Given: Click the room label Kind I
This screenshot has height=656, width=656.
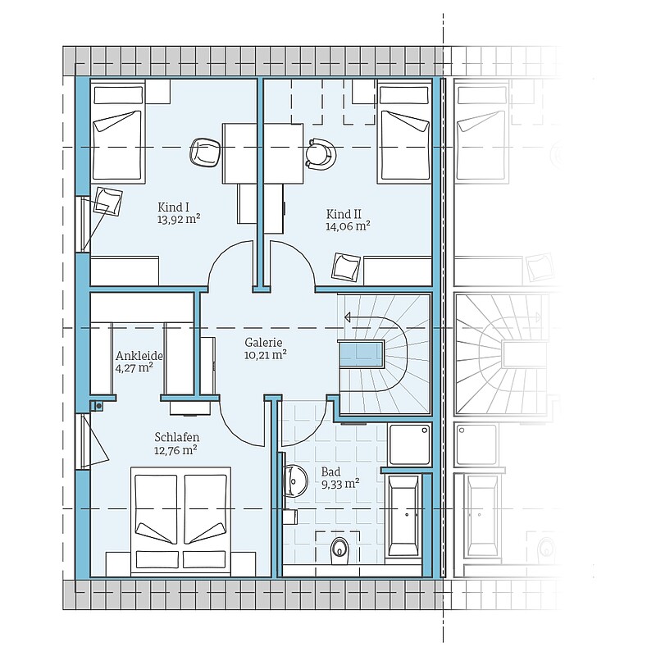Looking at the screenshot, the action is pos(173,207).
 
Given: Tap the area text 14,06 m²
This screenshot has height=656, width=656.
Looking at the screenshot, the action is pos(348,226).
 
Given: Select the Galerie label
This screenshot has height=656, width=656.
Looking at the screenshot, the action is pos(263,343).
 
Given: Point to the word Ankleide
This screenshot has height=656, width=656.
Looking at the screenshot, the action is pos(139,356).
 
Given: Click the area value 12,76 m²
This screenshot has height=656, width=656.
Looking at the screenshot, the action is pos(175,450).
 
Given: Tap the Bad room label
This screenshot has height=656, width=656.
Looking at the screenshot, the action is pos(330,472).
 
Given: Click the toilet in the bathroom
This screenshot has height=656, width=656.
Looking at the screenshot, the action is pos(339,550).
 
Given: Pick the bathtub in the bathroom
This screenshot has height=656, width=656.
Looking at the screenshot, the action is pos(403,516).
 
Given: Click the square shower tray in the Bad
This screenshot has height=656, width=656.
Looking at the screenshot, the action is pos(409,444).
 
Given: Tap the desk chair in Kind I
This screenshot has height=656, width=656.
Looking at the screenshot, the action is pos(204,153).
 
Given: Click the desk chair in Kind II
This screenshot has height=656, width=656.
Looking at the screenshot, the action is pos(321,154).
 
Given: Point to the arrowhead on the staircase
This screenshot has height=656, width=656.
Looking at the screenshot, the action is pos(347,318).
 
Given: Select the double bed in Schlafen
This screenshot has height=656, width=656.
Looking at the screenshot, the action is pos(180,522).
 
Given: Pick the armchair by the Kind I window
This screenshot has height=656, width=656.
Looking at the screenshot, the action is pos(107,201).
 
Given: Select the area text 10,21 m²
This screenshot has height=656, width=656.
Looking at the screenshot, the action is pos(265,355).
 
